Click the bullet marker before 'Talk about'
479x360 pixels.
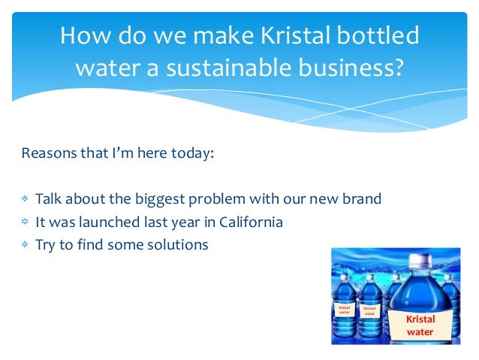(x=25, y=200)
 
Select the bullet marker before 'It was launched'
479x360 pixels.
(x=25, y=222)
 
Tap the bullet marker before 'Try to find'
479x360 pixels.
(x=25, y=245)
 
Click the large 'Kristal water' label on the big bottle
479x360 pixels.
(x=420, y=325)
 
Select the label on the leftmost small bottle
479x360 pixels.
(x=345, y=310)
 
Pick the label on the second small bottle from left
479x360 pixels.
(x=369, y=310)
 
